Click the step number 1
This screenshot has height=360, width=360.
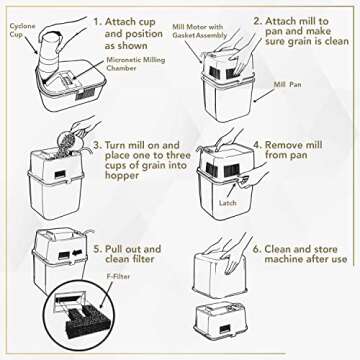point(98,21)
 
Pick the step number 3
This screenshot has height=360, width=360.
point(98,145)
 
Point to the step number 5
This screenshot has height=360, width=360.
point(98,247)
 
